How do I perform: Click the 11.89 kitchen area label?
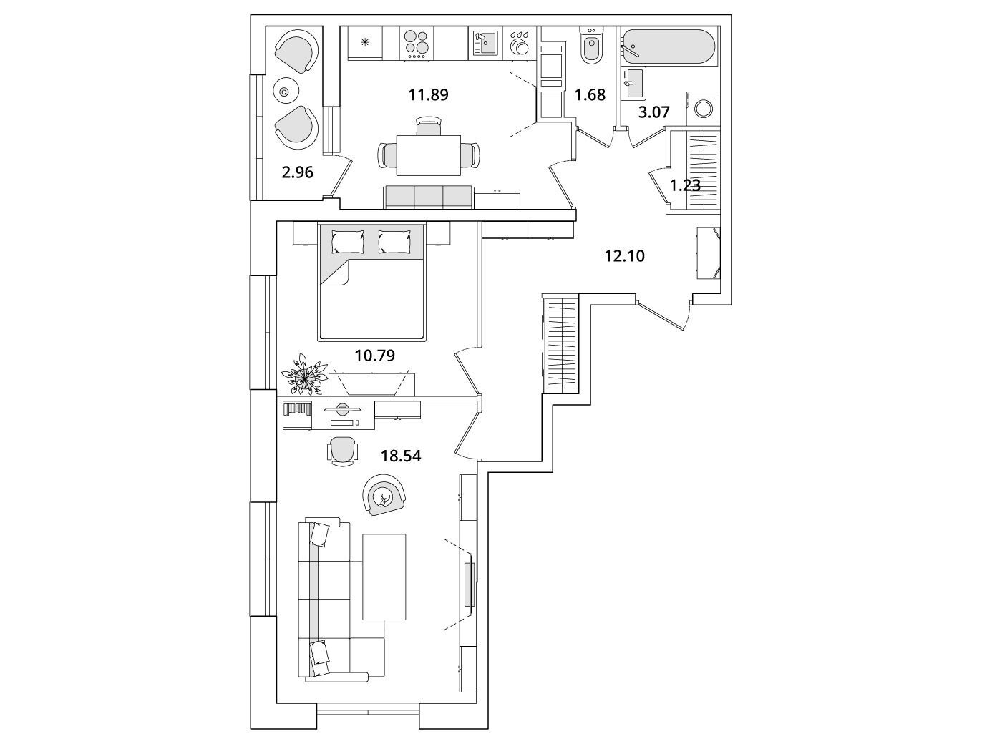coord(428,94)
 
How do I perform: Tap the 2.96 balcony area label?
coord(297,172)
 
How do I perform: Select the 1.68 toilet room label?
coord(590,94)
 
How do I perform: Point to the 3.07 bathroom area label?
coord(653,112)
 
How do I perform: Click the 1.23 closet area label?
coord(684,185)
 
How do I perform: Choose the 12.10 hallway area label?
coord(624,255)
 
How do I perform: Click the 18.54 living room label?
coord(401,455)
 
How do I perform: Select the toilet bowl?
coord(590,48)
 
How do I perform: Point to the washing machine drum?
coord(704,109)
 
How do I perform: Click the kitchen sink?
coord(485,44)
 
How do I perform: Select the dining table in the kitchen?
coord(429,155)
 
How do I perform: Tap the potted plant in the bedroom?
coord(304,373)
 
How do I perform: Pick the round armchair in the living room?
coord(384,496)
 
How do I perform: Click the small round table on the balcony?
coord(285,91)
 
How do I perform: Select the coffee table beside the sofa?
coord(384,577)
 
